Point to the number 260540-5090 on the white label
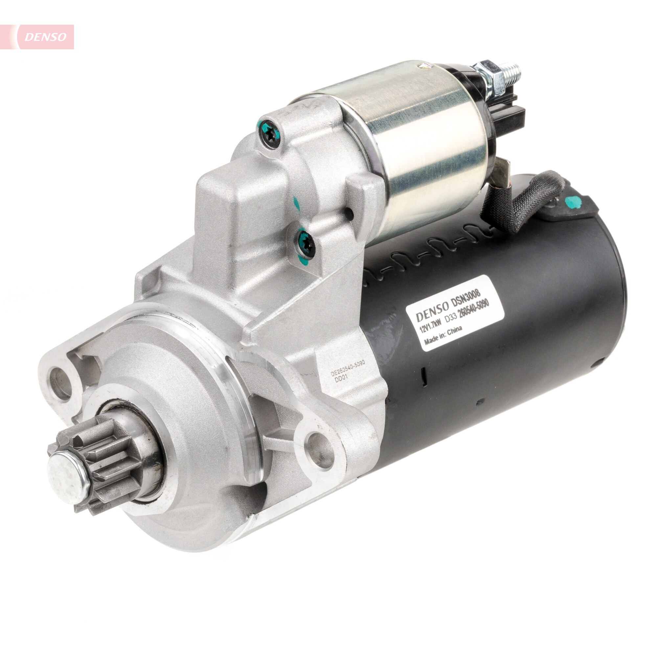[x=473, y=309]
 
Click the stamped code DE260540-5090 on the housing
[x=348, y=368]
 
